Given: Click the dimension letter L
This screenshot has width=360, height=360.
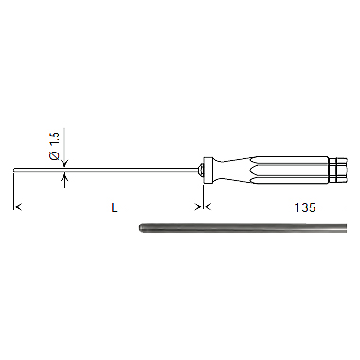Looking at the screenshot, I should pos(115,206).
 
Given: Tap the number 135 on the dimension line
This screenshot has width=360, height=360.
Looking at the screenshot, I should pos(303,206).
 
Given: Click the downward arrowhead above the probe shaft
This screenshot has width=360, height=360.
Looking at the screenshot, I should pos(64,166).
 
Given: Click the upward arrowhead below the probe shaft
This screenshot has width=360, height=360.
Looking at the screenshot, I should pos(64,177).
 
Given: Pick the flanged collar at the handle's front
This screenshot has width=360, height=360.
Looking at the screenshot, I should pos(205,171).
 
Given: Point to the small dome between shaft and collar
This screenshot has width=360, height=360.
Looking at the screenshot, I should pos(198,171).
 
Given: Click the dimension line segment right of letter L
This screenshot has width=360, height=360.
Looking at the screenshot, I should pos(161,206).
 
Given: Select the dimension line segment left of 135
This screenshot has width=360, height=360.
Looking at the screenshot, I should pos(246,206).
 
